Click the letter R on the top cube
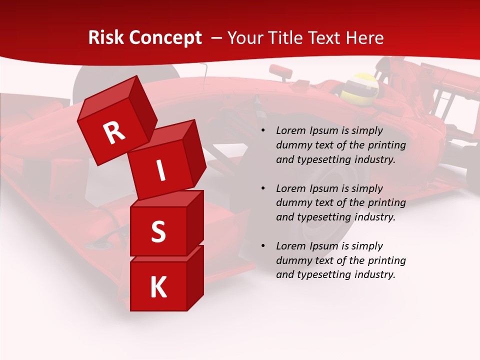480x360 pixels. (114, 133)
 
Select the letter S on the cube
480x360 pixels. (158, 231)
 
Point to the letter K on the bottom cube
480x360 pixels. (158, 287)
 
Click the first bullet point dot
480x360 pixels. (263, 131)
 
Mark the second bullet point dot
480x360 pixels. (263, 189)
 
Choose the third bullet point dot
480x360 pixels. (263, 246)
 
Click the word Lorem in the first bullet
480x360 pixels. (290, 131)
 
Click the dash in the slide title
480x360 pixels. (217, 38)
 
